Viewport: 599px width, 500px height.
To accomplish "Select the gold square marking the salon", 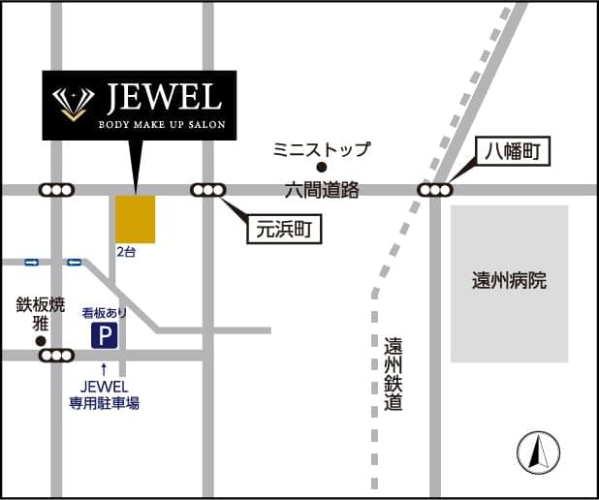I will pos(136,219).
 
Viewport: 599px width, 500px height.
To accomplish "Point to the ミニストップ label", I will pos(321,149).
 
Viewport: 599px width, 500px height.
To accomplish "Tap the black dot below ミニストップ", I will pos(322,167).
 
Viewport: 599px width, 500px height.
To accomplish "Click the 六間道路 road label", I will pos(323,191).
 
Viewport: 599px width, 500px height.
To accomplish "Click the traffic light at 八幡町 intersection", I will pos(434,190).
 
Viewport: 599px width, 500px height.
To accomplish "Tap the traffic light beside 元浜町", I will pos(207,190).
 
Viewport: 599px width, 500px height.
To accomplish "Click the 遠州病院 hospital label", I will pos(509,281).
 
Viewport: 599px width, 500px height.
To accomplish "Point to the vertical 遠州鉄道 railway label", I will pos(393,373).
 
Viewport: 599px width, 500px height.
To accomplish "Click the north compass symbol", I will pos(538,452).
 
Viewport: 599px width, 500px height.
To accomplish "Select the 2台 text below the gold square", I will pos(126,251).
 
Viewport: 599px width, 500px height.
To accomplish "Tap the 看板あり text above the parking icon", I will pos(104,313).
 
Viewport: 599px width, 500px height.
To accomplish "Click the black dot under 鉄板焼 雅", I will pos(41,341).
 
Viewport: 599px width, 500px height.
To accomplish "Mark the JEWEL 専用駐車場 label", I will pos(104,395).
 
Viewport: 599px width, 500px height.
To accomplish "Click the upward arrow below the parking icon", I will pos(104,368).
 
